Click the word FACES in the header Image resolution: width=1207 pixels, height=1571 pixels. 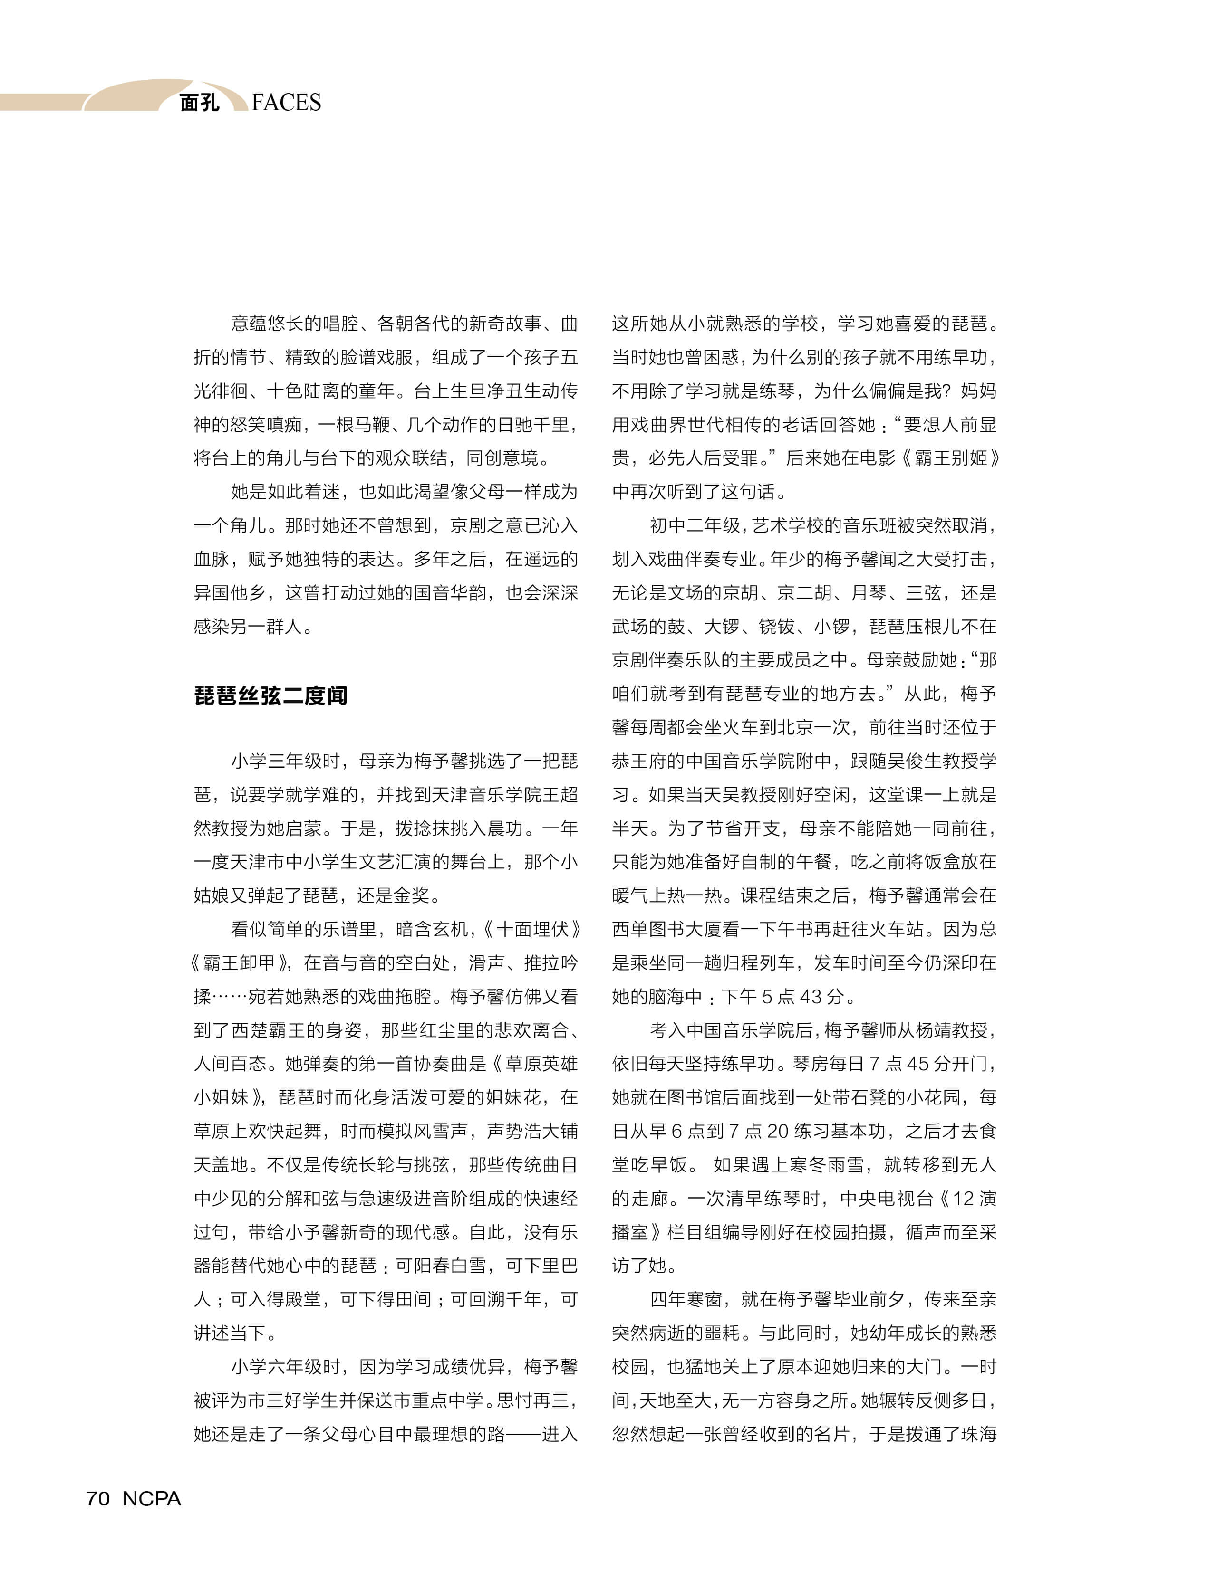[x=286, y=103]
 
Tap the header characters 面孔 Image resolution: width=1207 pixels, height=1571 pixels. [x=199, y=103]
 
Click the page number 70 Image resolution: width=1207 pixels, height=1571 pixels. [x=98, y=1498]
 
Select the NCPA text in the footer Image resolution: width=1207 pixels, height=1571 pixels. [x=152, y=1498]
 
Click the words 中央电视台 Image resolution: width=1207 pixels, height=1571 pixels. [x=886, y=1199]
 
